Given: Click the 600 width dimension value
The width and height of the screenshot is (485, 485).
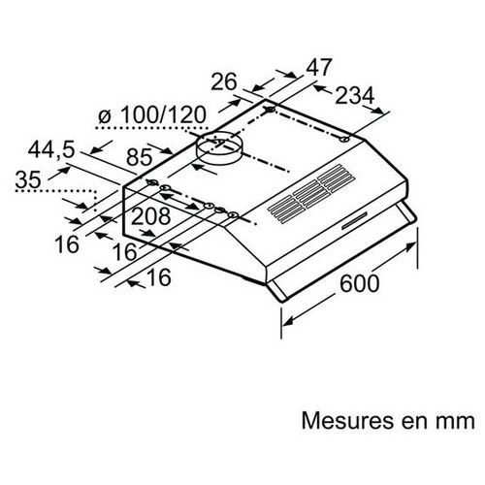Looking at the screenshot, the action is click(x=359, y=283).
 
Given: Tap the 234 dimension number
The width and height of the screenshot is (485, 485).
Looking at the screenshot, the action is click(x=354, y=96).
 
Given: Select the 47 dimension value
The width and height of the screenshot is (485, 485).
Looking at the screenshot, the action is click(x=319, y=67).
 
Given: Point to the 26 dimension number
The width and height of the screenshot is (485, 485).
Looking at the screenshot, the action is click(x=224, y=81).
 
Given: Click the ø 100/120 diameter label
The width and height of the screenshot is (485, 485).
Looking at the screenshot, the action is click(x=152, y=114).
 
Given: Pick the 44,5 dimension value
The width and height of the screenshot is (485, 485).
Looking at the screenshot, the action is click(x=51, y=149).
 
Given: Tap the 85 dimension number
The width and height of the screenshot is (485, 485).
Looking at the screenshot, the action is click(x=140, y=157).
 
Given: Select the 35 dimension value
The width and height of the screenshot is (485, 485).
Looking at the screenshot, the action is click(x=28, y=179).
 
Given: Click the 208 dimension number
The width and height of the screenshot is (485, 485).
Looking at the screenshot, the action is click(x=150, y=216).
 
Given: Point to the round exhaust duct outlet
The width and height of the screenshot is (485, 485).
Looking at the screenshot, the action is click(x=219, y=148).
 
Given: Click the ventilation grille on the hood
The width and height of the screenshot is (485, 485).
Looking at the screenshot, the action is click(x=311, y=194).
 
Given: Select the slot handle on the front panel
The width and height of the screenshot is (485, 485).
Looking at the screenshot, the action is click(x=354, y=220).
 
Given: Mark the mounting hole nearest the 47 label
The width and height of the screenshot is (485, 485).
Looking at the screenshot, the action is click(x=270, y=110).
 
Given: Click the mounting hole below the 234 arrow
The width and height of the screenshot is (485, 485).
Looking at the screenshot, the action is click(x=344, y=140).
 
